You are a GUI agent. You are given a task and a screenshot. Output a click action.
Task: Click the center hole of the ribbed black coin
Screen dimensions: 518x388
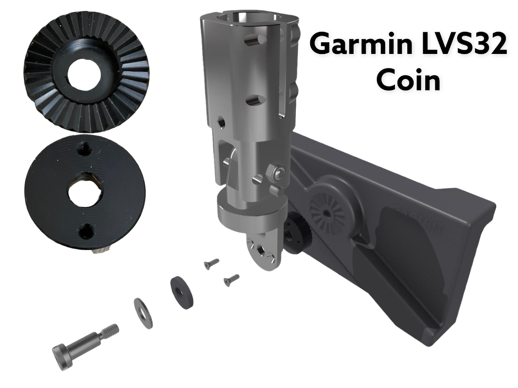click(x=84, y=74)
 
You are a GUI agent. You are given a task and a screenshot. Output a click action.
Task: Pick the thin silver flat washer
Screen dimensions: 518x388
click(x=143, y=314)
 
